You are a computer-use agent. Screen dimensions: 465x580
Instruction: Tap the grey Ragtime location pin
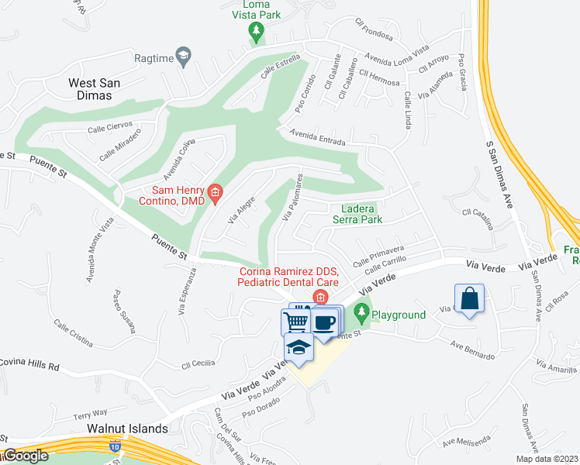183,55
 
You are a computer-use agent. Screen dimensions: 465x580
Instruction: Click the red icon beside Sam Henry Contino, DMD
216,191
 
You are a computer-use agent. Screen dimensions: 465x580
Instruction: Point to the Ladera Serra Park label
357,214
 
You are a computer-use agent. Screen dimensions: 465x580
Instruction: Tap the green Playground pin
361,314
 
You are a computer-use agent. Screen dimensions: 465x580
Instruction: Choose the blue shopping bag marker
469,298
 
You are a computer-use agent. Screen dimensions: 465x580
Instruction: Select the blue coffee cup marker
326,321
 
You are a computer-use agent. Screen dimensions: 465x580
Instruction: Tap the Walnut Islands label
127,429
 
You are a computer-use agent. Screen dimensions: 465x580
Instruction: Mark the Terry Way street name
90,414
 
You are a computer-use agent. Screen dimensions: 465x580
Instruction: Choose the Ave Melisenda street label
468,442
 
